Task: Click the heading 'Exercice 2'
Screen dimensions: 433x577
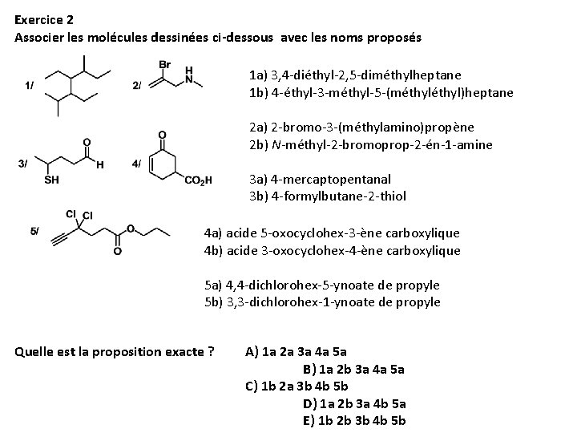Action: tap(43, 18)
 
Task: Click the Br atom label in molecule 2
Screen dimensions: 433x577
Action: tap(165, 64)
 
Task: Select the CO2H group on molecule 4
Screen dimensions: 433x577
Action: tap(198, 180)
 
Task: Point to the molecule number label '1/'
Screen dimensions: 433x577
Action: tap(30, 84)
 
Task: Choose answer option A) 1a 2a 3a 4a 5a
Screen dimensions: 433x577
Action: tap(296, 351)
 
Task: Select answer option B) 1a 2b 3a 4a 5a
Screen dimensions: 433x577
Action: tap(353, 369)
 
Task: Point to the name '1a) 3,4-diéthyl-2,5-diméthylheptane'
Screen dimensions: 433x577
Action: tap(355, 75)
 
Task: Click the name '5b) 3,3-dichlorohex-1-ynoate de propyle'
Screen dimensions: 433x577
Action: tap(322, 301)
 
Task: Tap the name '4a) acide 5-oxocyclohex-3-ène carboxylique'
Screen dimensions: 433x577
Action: tap(333, 233)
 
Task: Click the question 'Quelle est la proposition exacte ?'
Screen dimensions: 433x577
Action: tap(115, 351)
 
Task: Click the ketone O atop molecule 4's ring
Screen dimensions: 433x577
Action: tap(163, 135)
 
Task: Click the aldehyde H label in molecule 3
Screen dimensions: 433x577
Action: tap(99, 166)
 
